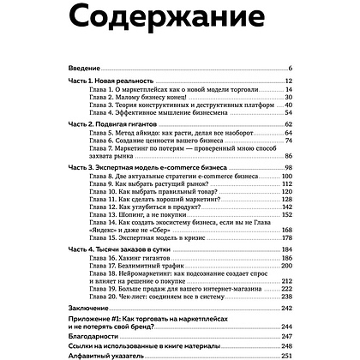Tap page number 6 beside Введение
pos(291,68)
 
